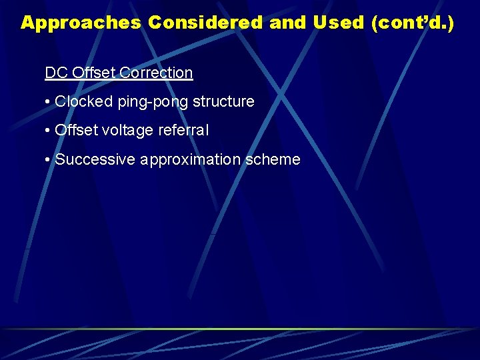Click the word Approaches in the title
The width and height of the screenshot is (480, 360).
(x=81, y=23)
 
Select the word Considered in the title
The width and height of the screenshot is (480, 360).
(x=206, y=23)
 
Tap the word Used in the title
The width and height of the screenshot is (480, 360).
(x=337, y=23)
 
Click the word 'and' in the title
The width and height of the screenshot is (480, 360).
(x=288, y=23)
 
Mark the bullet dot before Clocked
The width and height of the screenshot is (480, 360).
(x=48, y=103)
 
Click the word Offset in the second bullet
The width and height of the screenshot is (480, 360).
(x=76, y=131)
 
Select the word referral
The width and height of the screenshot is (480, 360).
(x=183, y=131)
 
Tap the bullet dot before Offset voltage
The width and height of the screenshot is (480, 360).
(x=48, y=131)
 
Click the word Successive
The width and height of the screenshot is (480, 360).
(x=92, y=160)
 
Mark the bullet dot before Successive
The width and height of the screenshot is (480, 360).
(x=48, y=161)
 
